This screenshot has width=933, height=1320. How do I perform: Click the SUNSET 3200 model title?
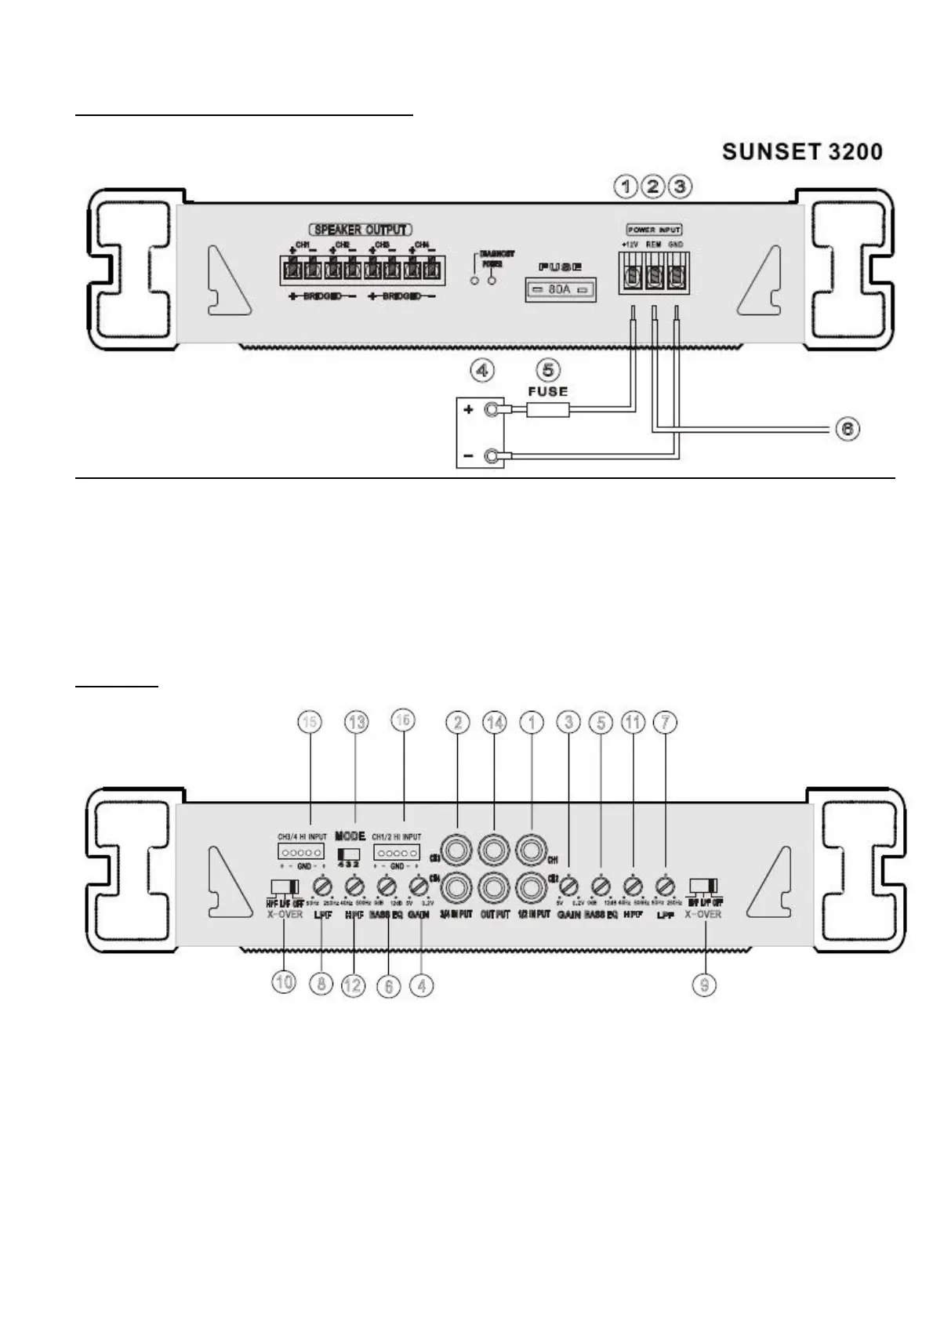click(x=802, y=151)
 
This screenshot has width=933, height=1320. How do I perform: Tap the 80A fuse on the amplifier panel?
click(x=558, y=291)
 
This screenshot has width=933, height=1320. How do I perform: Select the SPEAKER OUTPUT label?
click(x=361, y=230)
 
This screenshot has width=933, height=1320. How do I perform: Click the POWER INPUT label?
click(x=654, y=230)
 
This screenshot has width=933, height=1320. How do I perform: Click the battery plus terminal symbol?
click(x=469, y=409)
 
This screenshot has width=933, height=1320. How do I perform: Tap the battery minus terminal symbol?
click(x=469, y=455)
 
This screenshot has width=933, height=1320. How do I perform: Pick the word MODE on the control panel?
click(x=350, y=836)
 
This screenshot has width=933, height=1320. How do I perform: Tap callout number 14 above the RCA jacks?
click(x=495, y=723)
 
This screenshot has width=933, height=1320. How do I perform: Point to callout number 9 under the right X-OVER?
click(x=704, y=984)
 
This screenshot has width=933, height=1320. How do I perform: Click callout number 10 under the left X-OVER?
click(x=284, y=981)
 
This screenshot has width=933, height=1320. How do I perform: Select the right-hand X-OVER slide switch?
click(x=704, y=887)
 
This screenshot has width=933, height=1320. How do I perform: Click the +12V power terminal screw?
click(x=631, y=277)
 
